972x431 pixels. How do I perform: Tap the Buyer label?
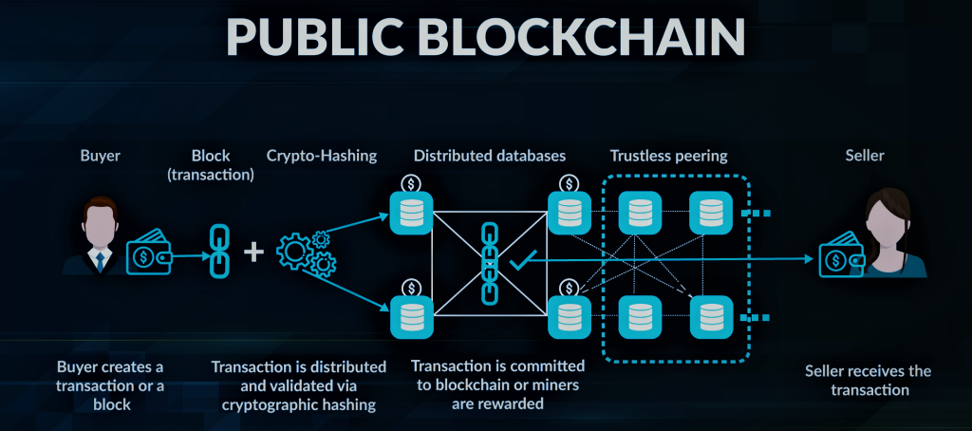click(x=100, y=154)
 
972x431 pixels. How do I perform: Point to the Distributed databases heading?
click(x=489, y=154)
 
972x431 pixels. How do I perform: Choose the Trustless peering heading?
click(x=667, y=154)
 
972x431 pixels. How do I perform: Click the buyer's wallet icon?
click(x=148, y=254)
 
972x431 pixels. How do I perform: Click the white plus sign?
click(x=253, y=253)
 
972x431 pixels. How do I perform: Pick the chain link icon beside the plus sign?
click(x=214, y=253)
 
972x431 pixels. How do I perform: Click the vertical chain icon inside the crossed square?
click(x=490, y=263)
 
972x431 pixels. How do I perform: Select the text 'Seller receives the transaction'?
click(x=868, y=381)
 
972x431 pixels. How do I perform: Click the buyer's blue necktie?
click(x=99, y=259)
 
